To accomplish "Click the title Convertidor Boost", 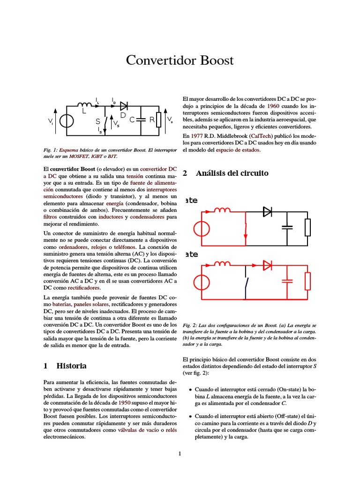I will coord(180,61).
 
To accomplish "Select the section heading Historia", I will coord(71,365).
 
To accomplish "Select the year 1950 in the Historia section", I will coord(124,403).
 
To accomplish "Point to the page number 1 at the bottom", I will coord(180,453).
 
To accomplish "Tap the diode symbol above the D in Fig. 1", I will coord(124,105).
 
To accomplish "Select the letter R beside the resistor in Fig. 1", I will coord(152,120).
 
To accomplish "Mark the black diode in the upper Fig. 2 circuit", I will coord(268,212).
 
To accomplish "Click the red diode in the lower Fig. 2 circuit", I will coord(268,266).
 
